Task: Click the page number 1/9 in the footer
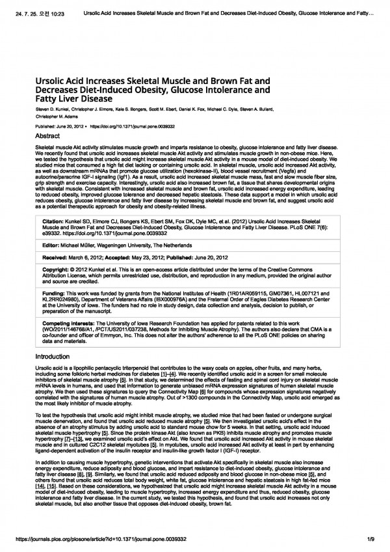[370, 540]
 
